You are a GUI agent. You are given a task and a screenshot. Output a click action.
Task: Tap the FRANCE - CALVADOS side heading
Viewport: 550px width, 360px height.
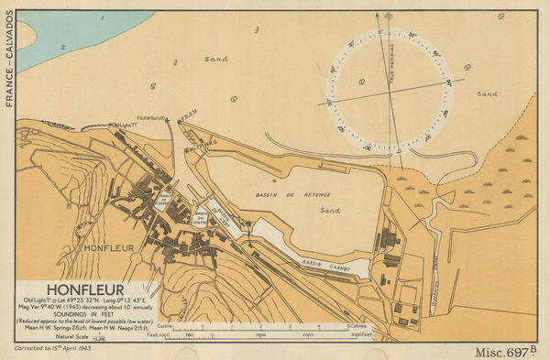[x=8, y=60]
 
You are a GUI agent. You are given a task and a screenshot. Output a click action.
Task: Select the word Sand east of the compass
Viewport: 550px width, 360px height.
[x=487, y=93]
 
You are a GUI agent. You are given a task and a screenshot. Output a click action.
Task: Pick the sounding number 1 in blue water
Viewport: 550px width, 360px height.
[x=102, y=17]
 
